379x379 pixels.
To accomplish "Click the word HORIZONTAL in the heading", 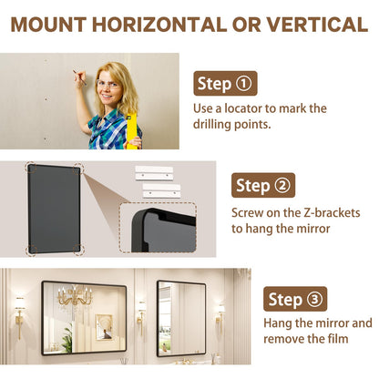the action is (x=159, y=25).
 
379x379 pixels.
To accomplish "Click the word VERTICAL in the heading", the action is (x=317, y=25).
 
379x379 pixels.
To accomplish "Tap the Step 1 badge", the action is (x=225, y=84).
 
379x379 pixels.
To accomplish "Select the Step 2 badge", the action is (x=263, y=185).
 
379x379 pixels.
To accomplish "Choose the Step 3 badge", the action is (x=295, y=299).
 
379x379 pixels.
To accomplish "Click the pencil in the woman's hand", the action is (x=79, y=77).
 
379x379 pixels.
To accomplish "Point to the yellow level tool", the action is (x=131, y=131).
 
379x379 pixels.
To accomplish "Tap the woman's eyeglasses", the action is (x=108, y=84).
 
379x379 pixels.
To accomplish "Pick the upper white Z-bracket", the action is (x=154, y=173).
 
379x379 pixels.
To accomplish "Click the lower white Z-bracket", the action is (x=162, y=190).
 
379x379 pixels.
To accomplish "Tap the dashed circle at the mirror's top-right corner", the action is (x=78, y=168).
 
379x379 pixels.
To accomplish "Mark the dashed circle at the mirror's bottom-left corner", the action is (x=32, y=250).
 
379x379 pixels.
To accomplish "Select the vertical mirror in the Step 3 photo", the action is (x=181, y=318).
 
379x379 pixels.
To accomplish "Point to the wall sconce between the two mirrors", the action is (x=141, y=317).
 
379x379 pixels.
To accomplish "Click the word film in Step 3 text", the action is (x=338, y=339).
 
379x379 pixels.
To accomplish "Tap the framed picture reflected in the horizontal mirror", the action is (x=104, y=327).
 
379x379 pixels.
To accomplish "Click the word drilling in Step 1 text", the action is (x=210, y=125).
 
